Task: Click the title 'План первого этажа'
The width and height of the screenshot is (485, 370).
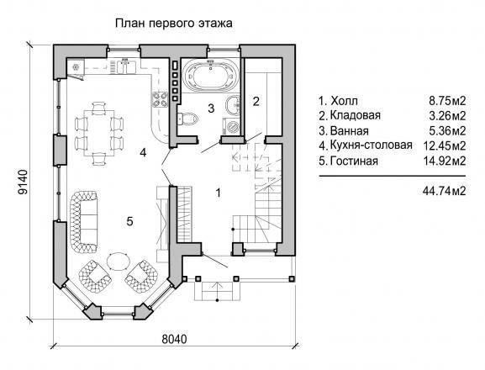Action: (173, 24)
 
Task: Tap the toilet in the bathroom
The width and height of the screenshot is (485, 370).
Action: (187, 119)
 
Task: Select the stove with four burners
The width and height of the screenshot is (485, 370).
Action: (160, 99)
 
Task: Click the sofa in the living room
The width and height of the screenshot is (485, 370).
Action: (83, 220)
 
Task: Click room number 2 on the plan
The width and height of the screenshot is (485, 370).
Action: (256, 101)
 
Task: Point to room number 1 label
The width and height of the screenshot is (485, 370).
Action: (219, 193)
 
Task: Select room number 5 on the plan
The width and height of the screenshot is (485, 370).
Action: (129, 221)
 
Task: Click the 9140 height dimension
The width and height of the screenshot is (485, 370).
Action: (23, 182)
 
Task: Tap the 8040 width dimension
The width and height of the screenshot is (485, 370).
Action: (174, 339)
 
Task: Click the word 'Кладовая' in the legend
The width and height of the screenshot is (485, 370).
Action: (355, 115)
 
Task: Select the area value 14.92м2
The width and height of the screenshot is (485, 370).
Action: (444, 161)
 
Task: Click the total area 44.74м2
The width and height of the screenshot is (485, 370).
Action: (444, 191)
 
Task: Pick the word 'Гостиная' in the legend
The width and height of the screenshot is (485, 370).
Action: (354, 161)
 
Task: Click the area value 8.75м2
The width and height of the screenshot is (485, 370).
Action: (447, 101)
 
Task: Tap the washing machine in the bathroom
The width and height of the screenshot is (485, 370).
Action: (231, 126)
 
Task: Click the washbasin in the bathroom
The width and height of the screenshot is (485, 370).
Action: (233, 105)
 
